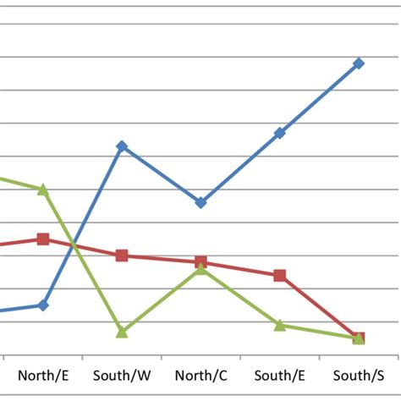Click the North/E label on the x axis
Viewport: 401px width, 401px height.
pyautogui.click(x=43, y=375)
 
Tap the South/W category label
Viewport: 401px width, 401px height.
pyautogui.click(x=122, y=375)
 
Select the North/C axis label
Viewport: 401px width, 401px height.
pyautogui.click(x=200, y=375)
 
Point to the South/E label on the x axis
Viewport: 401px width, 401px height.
pyautogui.click(x=279, y=375)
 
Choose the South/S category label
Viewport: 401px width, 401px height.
pyautogui.click(x=358, y=375)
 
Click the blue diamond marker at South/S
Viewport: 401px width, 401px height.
pyautogui.click(x=359, y=63)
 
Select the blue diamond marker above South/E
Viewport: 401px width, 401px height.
pyautogui.click(x=280, y=133)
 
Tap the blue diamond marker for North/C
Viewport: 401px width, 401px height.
pyautogui.click(x=200, y=203)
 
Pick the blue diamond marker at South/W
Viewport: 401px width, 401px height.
pyautogui.click(x=122, y=146)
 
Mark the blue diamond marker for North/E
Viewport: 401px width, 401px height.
pyautogui.click(x=43, y=305)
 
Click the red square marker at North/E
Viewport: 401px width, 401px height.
pyautogui.click(x=43, y=239)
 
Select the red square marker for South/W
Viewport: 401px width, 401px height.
pyautogui.click(x=122, y=255)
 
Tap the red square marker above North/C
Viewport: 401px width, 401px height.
pyautogui.click(x=200, y=262)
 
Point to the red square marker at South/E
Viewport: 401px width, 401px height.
pyautogui.click(x=280, y=275)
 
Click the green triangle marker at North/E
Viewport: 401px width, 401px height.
pyautogui.click(x=43, y=190)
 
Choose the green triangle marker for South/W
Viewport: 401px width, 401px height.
pyautogui.click(x=122, y=332)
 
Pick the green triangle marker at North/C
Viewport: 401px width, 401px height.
pyautogui.click(x=200, y=268)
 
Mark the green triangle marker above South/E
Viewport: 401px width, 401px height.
pyautogui.click(x=280, y=325)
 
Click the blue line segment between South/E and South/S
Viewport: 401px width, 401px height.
pyautogui.click(x=319, y=98)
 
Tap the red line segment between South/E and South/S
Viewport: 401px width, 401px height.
pyautogui.click(x=319, y=306)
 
